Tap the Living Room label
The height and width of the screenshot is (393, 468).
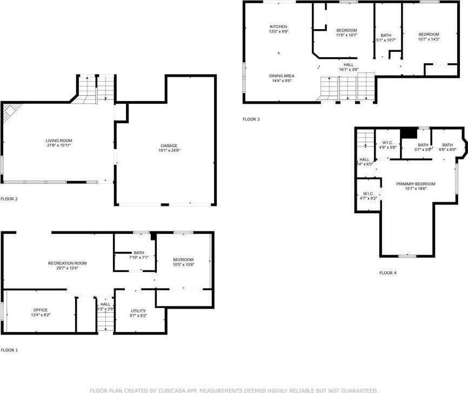click(x=58, y=141)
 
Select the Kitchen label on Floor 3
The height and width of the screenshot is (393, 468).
click(x=278, y=26)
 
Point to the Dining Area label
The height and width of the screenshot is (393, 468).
click(x=280, y=76)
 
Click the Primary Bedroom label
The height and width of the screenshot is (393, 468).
click(x=416, y=184)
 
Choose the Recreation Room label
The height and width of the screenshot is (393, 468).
click(x=67, y=263)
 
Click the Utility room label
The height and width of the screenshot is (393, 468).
click(x=138, y=310)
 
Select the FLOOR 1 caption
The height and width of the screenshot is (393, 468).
click(x=9, y=350)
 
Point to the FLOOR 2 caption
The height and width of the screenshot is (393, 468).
click(x=9, y=199)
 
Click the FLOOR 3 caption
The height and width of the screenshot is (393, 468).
click(x=251, y=119)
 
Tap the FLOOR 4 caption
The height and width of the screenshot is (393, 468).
click(x=387, y=273)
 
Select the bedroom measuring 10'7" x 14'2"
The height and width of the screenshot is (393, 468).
click(x=429, y=37)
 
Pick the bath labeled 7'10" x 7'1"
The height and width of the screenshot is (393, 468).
click(x=139, y=255)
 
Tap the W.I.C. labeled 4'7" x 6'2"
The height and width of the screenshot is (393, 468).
click(x=368, y=196)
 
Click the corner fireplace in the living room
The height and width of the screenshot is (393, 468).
click(x=8, y=112)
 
